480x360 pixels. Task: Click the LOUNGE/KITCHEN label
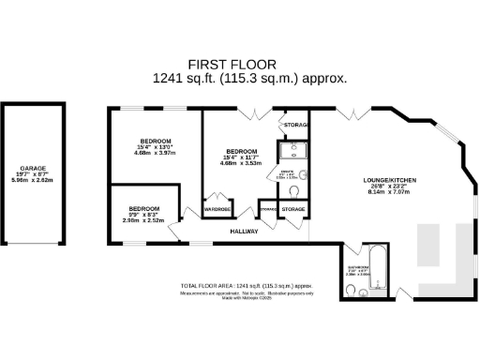click(x=390, y=180)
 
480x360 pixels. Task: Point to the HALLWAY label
click(x=244, y=230)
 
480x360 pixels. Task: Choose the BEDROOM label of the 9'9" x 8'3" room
click(x=143, y=207)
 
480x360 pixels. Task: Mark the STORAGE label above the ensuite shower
click(x=293, y=122)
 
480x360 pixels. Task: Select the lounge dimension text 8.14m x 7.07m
click(x=390, y=192)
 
